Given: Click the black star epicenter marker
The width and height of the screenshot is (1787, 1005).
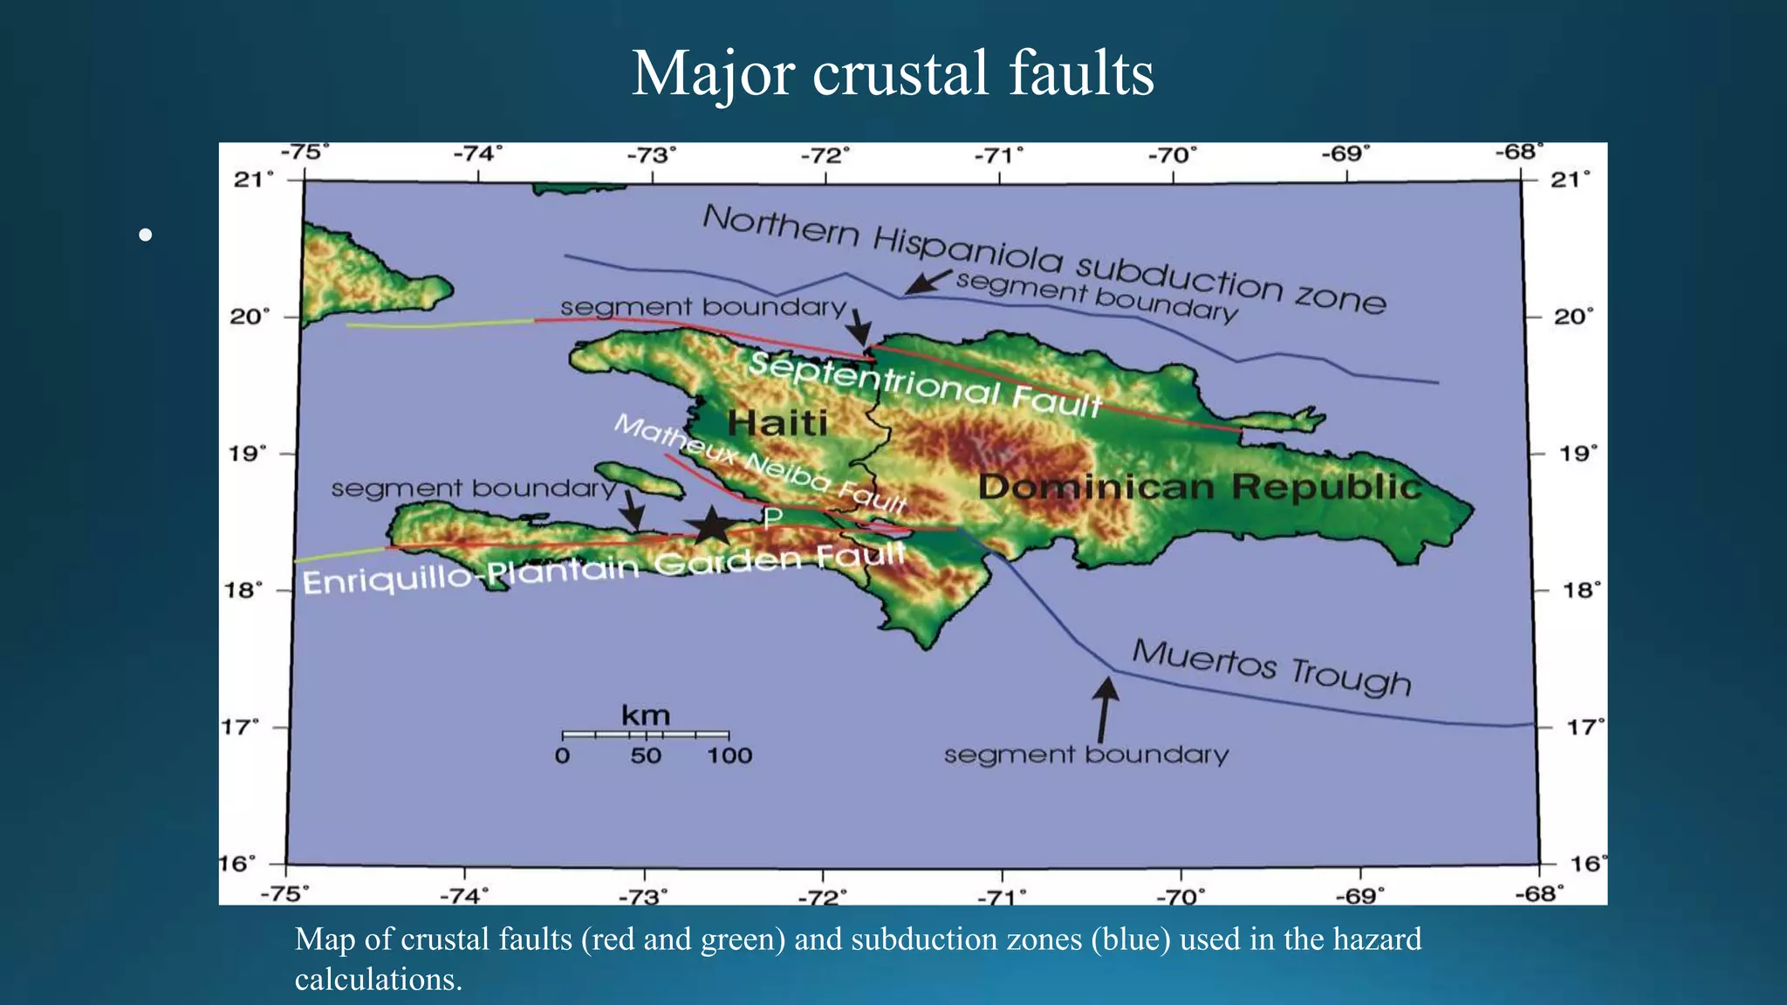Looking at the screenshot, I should [x=712, y=526].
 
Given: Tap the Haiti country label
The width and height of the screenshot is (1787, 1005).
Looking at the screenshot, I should [x=777, y=423].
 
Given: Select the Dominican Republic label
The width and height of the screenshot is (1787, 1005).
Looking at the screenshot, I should [x=1200, y=486].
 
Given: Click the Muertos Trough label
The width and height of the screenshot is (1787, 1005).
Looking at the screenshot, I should [x=1271, y=667].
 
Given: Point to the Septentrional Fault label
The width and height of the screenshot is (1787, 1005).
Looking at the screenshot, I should [x=925, y=385].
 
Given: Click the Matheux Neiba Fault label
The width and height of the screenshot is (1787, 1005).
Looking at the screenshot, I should [x=760, y=463].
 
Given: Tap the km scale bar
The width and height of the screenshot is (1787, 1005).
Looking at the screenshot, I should [x=645, y=735].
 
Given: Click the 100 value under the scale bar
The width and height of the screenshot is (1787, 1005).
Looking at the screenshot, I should [x=729, y=755].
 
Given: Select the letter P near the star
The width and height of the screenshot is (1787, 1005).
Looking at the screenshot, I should [x=772, y=518].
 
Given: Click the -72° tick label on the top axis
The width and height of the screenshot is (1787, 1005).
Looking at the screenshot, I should [x=825, y=156].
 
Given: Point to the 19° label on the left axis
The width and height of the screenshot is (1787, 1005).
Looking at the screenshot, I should [x=249, y=454].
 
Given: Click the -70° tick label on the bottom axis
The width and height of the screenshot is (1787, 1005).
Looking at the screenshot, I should [x=1181, y=896].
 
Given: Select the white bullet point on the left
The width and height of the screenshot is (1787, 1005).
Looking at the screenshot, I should [x=146, y=235].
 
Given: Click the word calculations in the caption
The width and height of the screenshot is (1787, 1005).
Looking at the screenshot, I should [x=377, y=980].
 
